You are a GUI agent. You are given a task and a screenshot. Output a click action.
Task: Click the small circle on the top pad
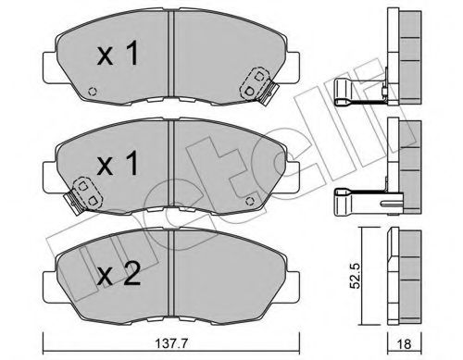(x=92, y=91)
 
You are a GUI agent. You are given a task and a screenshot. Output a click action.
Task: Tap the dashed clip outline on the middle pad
(x=88, y=191)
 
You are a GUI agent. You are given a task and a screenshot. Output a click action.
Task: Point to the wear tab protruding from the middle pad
(x=69, y=199)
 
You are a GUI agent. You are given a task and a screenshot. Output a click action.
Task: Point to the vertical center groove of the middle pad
(x=172, y=167)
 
